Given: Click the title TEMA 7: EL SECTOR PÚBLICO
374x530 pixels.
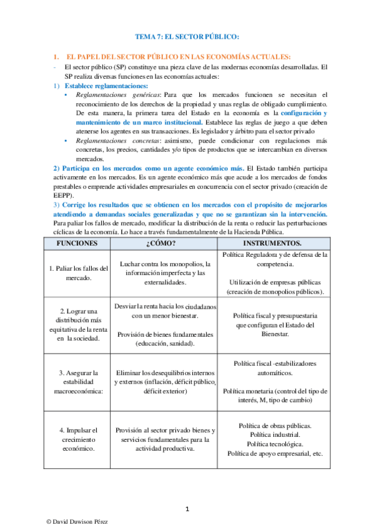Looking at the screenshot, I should click(x=187, y=37).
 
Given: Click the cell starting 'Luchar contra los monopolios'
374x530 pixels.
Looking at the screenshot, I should click(x=165, y=273).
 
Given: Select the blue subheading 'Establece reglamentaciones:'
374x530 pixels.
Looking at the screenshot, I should click(x=107, y=86).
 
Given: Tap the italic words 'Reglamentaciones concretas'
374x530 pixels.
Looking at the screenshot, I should click(x=113, y=142).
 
